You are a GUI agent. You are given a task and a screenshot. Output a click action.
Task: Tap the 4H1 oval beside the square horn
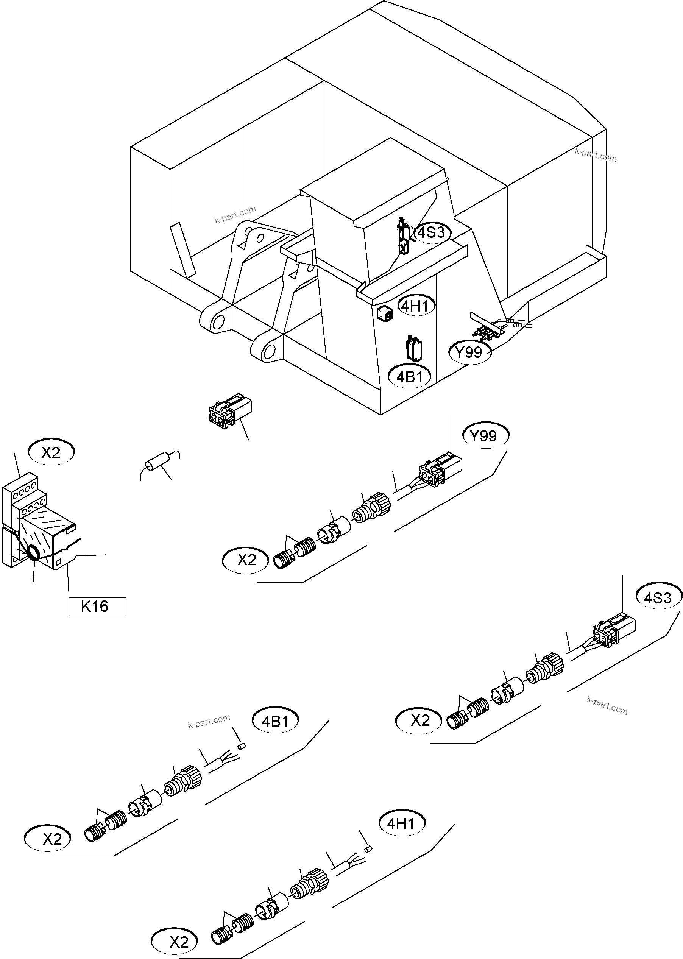coord(416,306)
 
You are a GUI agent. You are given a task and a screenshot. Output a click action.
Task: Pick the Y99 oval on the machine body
coord(470,352)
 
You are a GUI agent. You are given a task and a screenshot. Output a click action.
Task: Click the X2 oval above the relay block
coord(51,452)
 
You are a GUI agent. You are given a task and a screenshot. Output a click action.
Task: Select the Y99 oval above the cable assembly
coord(485,436)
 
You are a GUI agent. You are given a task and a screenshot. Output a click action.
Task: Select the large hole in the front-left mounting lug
coord(218,323)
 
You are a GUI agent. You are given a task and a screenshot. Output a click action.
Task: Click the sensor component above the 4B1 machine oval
coord(414,349)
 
